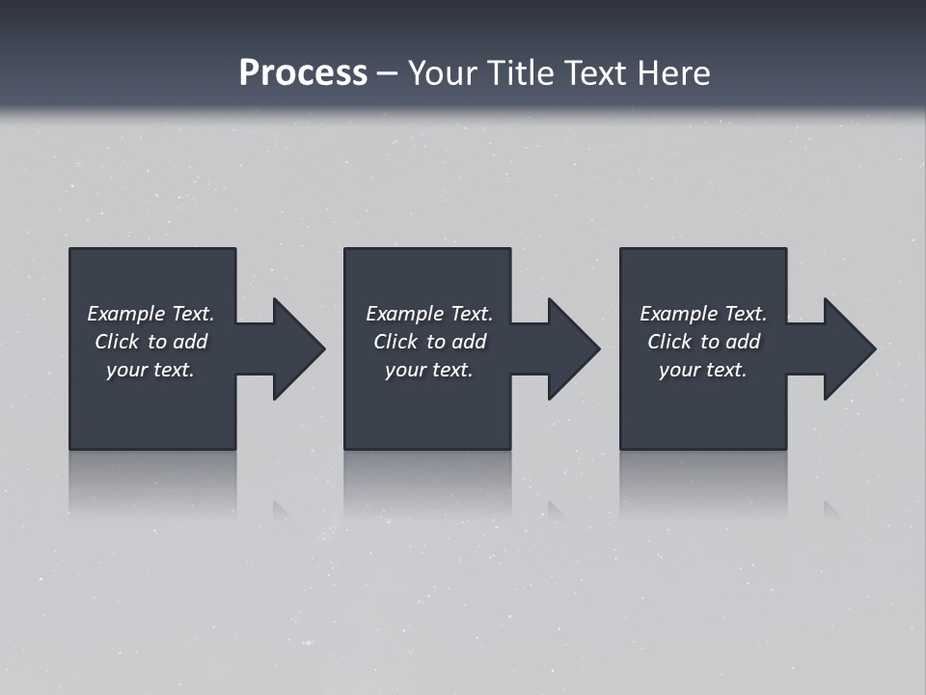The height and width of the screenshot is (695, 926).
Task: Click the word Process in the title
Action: [x=303, y=73]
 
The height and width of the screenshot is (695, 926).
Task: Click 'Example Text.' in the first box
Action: [x=150, y=314]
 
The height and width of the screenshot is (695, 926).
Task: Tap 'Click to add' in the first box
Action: [x=150, y=342]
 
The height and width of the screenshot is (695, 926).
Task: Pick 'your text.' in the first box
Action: [x=150, y=370]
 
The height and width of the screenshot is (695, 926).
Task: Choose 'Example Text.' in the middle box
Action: [x=429, y=314]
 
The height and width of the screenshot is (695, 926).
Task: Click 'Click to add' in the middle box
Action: [x=429, y=342]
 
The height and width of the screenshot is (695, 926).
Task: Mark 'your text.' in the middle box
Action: [x=429, y=370]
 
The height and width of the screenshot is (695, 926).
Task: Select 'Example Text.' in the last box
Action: [x=703, y=314]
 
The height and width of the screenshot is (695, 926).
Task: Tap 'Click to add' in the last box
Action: [x=703, y=342]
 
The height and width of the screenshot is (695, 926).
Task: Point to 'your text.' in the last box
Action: [x=703, y=370]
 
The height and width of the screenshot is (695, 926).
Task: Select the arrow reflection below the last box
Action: [x=831, y=509]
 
